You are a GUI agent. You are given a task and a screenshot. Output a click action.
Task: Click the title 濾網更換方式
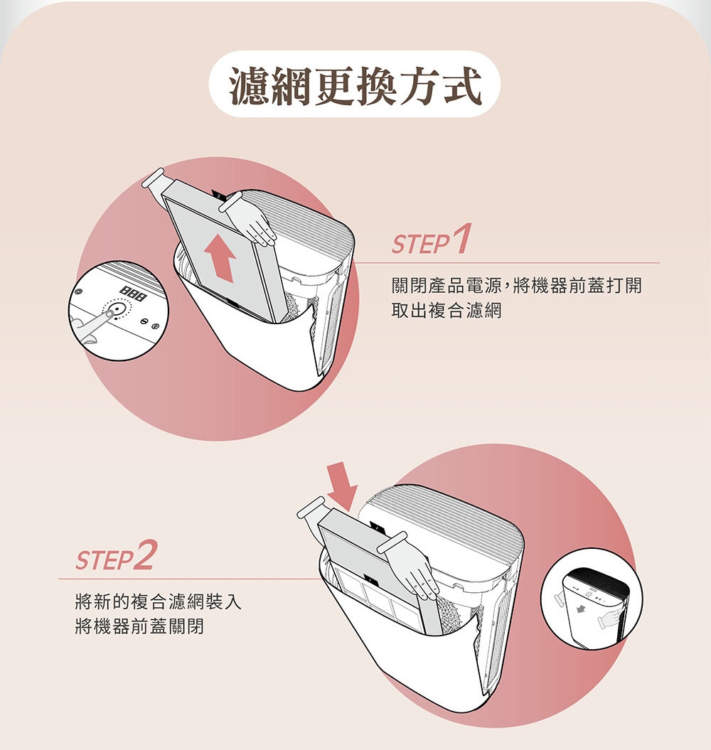tap(355, 83)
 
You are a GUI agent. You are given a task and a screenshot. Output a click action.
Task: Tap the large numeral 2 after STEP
tap(144, 555)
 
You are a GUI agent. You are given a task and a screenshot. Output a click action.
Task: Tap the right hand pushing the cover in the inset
tap(609, 620)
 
